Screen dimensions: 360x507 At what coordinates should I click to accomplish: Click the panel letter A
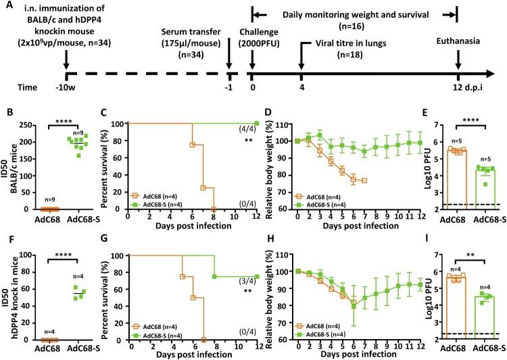pos(7,7)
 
